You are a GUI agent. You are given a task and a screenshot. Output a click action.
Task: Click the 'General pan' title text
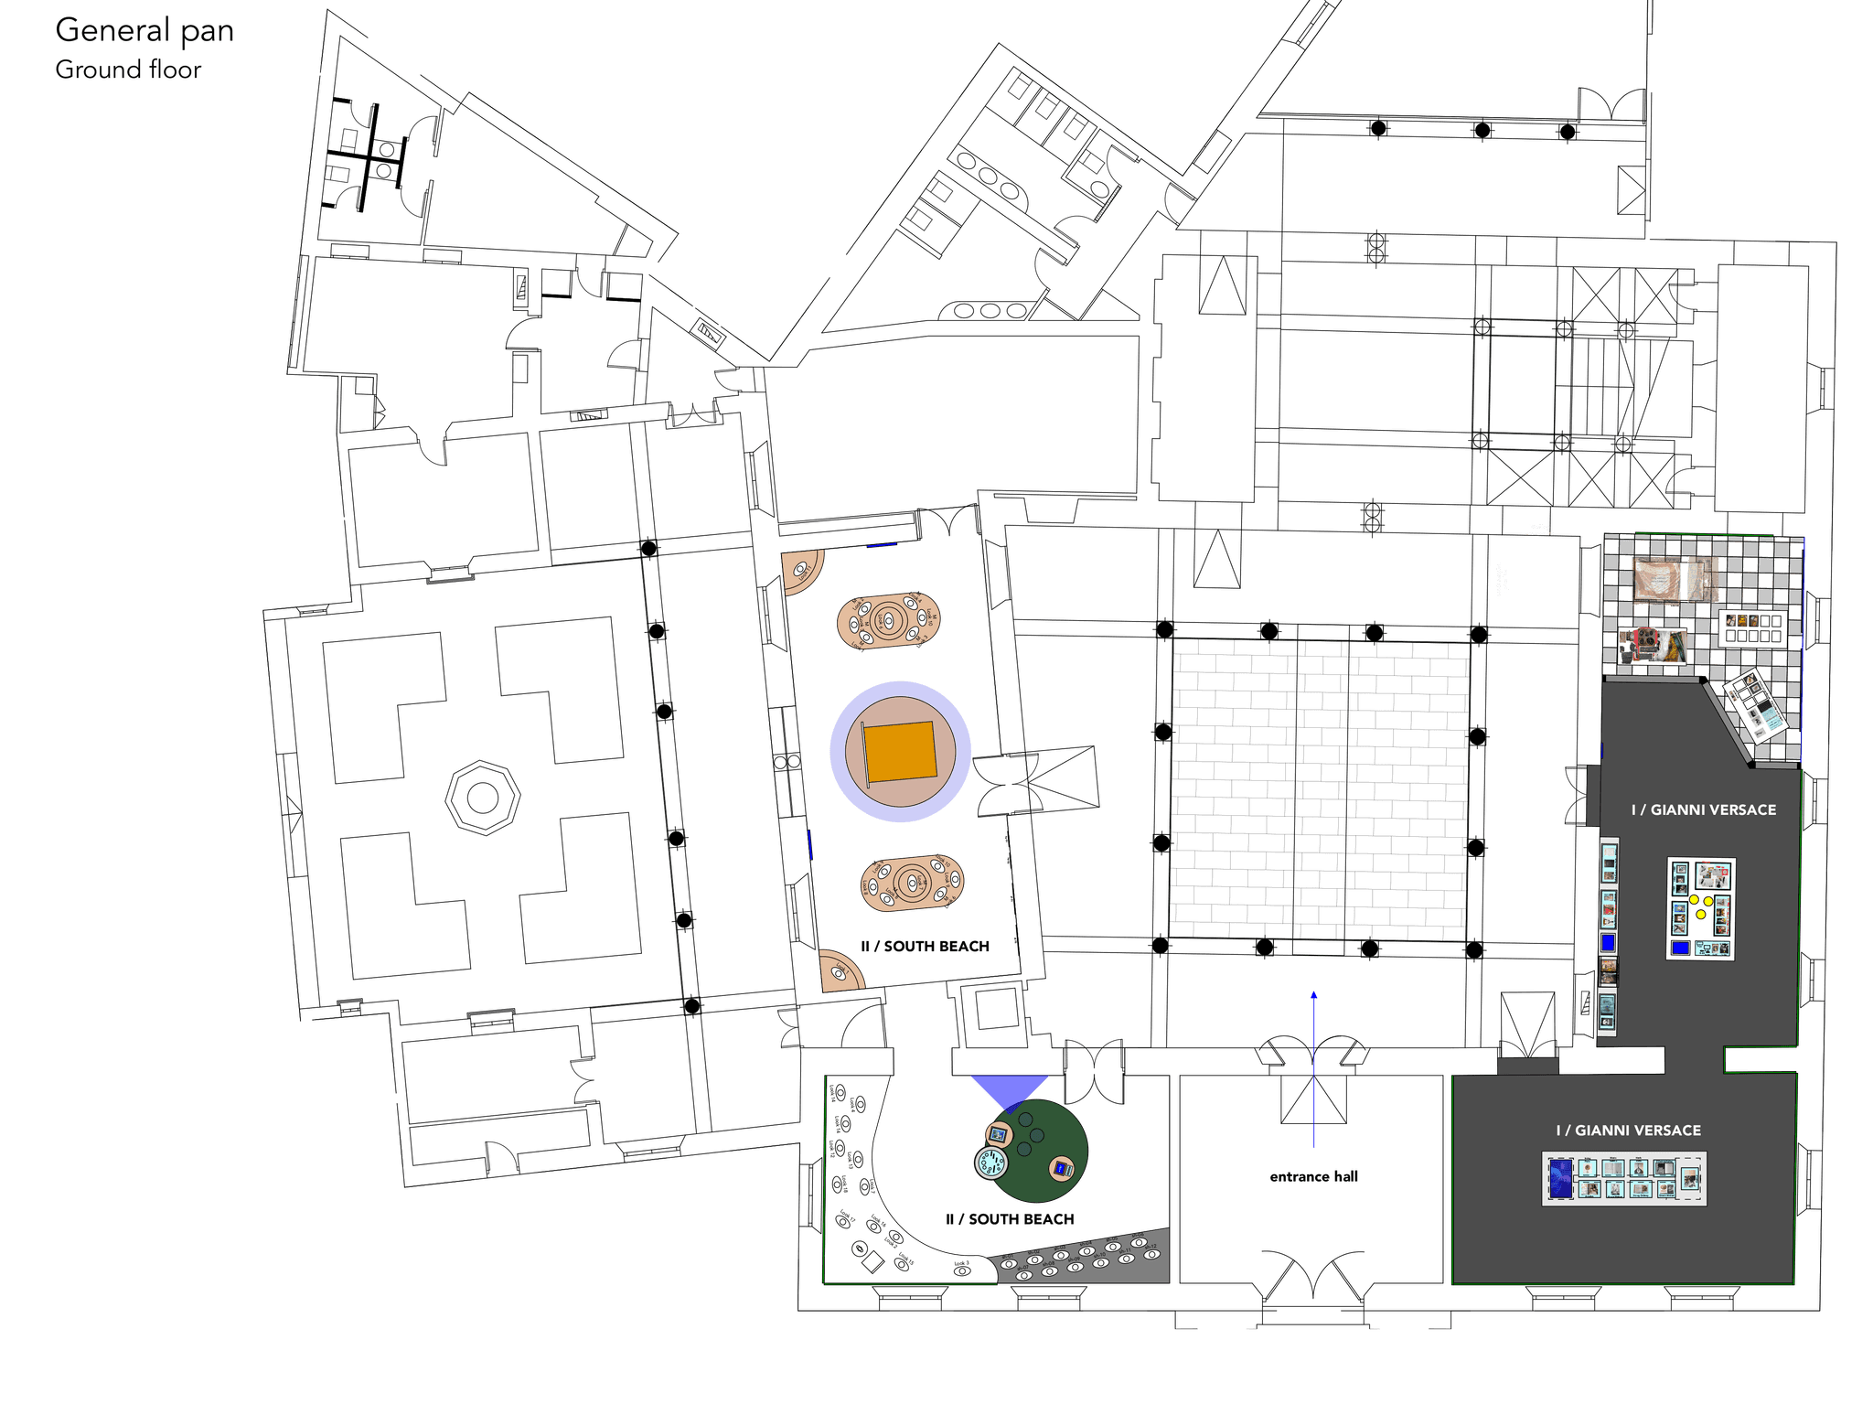click(x=144, y=31)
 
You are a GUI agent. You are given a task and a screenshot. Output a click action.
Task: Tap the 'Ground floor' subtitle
click(x=128, y=70)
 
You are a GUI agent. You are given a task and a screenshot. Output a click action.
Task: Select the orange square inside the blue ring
click(x=901, y=752)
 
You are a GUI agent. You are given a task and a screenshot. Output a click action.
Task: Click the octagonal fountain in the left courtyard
click(x=482, y=797)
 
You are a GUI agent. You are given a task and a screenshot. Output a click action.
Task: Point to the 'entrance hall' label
click(x=1314, y=1176)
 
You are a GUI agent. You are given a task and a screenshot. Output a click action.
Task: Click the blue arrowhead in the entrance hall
click(x=1314, y=995)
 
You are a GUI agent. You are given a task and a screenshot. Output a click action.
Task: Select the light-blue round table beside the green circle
click(x=990, y=1163)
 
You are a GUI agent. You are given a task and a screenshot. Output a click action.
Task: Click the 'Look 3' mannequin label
click(x=961, y=1267)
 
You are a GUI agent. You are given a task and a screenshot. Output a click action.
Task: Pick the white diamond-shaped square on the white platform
click(x=872, y=1262)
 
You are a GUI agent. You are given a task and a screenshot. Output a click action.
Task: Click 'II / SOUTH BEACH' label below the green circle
click(x=1010, y=1219)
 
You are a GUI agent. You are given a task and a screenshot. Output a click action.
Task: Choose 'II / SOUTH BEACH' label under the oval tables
click(x=926, y=947)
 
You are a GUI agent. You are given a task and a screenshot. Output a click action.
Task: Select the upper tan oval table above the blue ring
click(x=889, y=620)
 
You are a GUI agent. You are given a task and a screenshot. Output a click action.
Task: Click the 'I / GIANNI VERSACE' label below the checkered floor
click(x=1704, y=810)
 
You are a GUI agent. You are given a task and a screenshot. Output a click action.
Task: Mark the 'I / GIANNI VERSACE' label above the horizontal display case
click(x=1629, y=1131)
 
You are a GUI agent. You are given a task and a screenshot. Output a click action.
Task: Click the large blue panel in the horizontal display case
click(x=1559, y=1179)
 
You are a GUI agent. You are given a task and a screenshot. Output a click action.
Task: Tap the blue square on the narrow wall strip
click(x=1608, y=943)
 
